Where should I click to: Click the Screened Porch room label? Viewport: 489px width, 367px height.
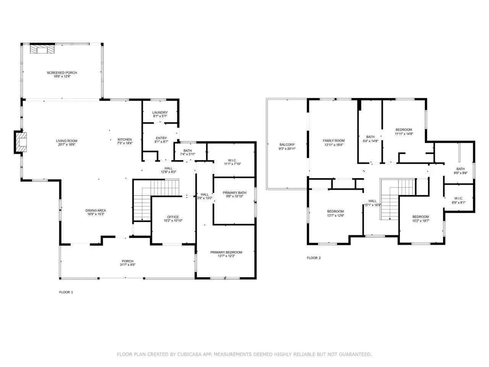(x=62, y=73)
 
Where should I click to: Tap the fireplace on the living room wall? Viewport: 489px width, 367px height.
(x=21, y=142)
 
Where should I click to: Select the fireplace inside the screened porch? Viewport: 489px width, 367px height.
(x=42, y=49)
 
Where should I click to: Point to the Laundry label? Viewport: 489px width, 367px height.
(x=160, y=112)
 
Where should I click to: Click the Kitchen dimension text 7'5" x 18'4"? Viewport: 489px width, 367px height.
(x=125, y=143)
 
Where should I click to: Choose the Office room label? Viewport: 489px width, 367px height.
(x=173, y=217)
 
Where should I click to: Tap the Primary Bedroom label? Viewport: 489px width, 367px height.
(x=226, y=252)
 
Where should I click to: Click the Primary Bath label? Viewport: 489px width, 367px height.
(x=234, y=193)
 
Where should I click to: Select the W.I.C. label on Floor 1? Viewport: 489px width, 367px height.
(x=232, y=161)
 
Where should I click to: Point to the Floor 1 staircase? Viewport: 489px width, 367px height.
(x=156, y=200)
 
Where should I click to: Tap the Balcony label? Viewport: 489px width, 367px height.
(x=287, y=145)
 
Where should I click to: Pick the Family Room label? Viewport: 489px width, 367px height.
(x=334, y=141)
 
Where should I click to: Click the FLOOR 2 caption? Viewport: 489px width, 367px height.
(x=314, y=258)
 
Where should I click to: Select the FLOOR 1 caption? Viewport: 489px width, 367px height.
(x=66, y=292)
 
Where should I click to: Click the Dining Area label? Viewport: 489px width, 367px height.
(x=96, y=210)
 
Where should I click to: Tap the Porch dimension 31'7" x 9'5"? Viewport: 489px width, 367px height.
(x=128, y=265)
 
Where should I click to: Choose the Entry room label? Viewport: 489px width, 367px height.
(x=161, y=138)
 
